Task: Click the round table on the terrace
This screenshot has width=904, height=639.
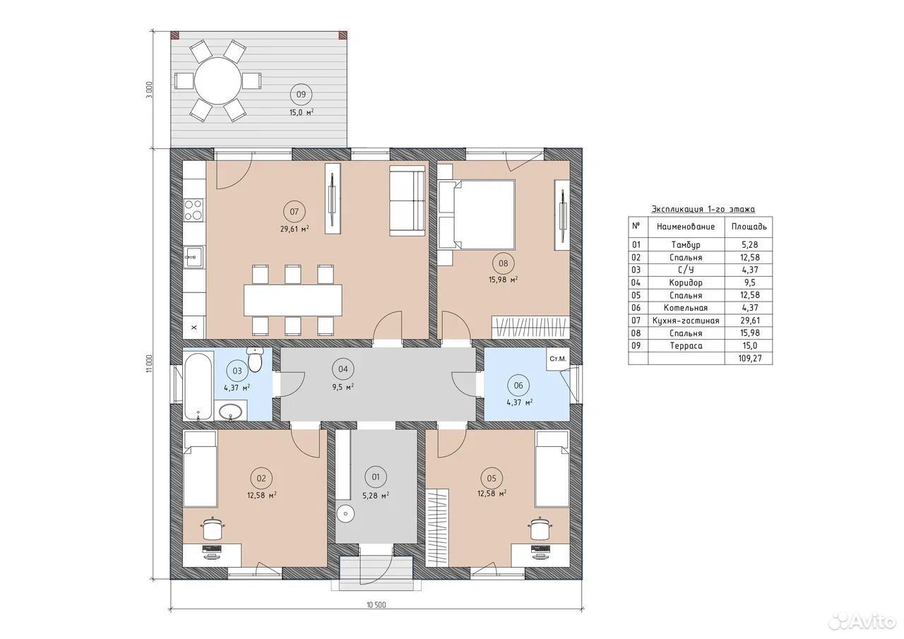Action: click(218, 81)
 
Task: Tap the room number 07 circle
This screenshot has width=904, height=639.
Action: click(295, 211)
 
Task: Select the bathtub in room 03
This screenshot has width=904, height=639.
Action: click(198, 386)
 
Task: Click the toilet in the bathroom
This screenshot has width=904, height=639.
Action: click(255, 359)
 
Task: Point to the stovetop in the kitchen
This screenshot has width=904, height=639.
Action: click(194, 210)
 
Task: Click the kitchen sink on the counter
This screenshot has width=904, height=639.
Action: click(194, 257)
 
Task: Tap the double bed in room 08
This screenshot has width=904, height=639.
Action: click(477, 215)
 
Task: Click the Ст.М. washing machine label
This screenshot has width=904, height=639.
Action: click(558, 359)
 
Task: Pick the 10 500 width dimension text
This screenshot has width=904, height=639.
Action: click(376, 604)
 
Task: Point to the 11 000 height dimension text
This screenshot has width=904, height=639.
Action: click(150, 364)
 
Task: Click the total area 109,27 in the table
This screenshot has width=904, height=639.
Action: click(750, 358)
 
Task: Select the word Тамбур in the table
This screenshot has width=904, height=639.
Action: click(686, 244)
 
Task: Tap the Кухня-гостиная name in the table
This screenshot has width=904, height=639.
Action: click(686, 321)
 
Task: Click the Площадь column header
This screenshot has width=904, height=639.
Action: click(749, 227)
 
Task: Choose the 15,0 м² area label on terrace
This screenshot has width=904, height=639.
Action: click(302, 112)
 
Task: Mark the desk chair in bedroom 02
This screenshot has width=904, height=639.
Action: click(213, 528)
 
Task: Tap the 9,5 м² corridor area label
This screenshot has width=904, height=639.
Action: click(343, 387)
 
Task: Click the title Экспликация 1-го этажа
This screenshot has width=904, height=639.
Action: click(703, 209)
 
